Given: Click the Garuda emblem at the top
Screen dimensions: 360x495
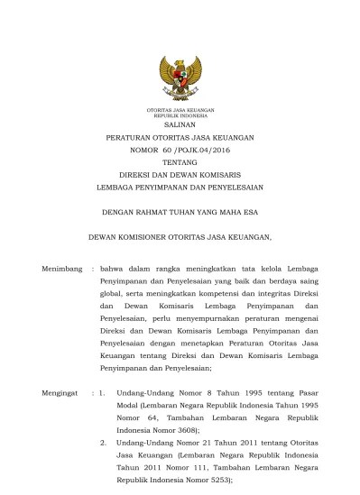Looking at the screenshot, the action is [180, 79].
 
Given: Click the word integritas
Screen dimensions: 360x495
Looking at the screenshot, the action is [259, 294].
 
